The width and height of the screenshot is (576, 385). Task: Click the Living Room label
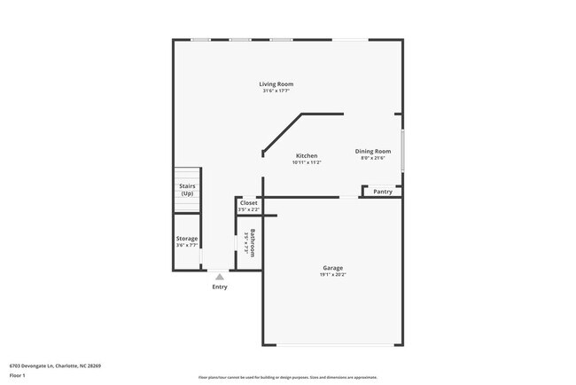(x=276, y=84)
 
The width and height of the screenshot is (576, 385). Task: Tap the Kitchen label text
(x=307, y=156)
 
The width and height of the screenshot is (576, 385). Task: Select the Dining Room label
(x=373, y=151)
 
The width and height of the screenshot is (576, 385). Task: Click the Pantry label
(x=383, y=192)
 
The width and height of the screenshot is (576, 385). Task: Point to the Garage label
(x=332, y=268)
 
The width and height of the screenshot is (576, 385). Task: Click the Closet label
(x=249, y=203)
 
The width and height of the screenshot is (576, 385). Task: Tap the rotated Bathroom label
(x=253, y=243)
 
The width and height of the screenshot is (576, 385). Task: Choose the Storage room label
(x=187, y=239)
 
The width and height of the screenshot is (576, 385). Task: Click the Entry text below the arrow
(x=220, y=287)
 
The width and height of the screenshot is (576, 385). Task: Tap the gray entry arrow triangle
(x=220, y=277)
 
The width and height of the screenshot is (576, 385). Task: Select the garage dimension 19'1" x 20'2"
(x=332, y=275)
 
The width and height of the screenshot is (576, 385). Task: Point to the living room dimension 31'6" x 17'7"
(x=276, y=91)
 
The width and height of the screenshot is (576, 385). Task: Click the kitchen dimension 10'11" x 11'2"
(x=307, y=163)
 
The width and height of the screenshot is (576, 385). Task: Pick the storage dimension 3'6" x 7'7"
(x=187, y=246)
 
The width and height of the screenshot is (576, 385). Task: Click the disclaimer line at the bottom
(x=287, y=377)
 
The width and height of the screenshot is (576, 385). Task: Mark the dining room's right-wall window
(x=403, y=151)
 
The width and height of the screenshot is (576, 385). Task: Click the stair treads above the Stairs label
(x=187, y=175)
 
